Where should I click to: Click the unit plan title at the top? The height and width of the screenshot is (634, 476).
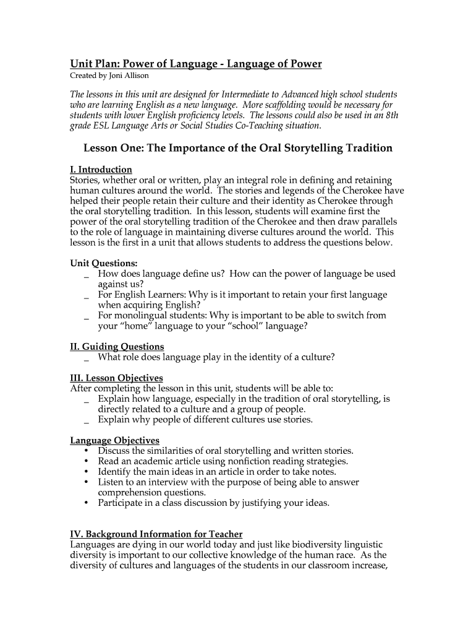195,64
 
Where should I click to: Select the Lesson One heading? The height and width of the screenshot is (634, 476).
238,148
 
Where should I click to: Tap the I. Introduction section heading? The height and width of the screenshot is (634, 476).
101,169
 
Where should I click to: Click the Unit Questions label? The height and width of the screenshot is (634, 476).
103,263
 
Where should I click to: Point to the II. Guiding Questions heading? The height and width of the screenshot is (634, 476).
117,347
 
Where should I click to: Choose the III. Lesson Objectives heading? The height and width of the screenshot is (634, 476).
116,378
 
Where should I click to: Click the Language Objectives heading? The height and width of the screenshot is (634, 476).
114,440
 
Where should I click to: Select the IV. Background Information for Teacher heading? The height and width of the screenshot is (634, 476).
156,534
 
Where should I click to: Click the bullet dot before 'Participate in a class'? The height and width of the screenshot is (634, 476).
85,503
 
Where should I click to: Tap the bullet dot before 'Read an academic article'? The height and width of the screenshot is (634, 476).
85,461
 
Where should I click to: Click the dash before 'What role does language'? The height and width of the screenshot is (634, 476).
85,358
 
